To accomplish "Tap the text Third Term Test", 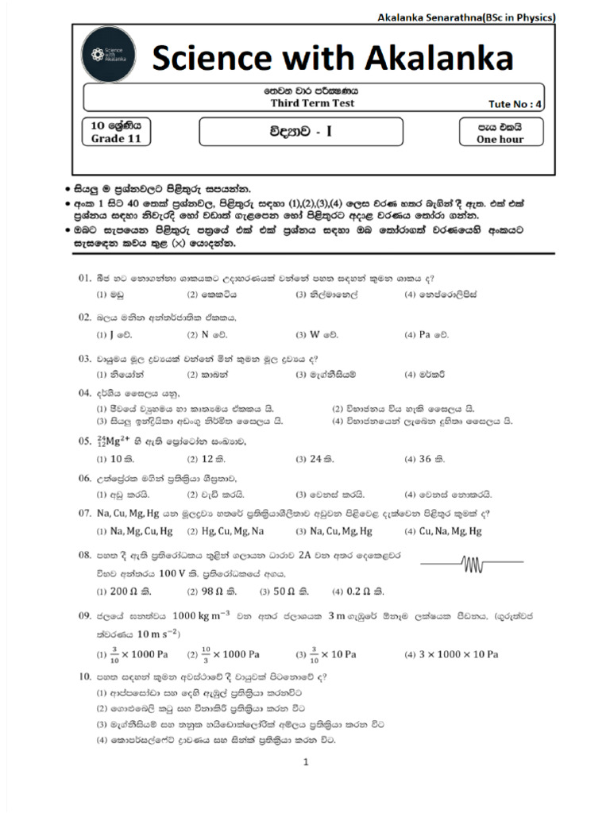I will [x=311, y=103].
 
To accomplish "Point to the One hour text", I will [x=500, y=140].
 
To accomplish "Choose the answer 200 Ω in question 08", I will [x=124, y=591].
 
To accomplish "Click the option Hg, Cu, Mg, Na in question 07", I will [x=225, y=531].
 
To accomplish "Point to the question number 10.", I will [x=85, y=677].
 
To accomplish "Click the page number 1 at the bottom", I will [x=305, y=763].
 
